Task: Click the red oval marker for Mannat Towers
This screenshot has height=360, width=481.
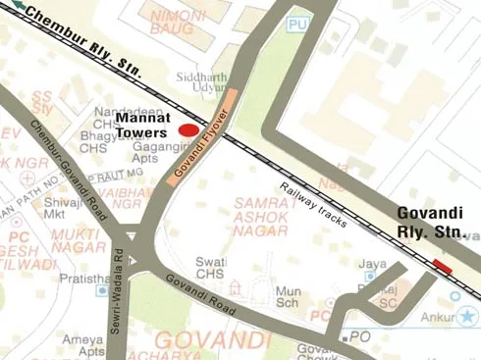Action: click(187, 129)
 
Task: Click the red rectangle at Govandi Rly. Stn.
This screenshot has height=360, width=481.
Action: click(442, 266)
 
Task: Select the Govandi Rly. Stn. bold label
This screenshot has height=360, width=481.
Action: click(429, 223)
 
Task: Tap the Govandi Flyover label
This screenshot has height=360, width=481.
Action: click(201, 137)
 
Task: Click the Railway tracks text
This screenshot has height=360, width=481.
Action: click(313, 205)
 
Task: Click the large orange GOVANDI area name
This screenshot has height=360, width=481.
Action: click(212, 340)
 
